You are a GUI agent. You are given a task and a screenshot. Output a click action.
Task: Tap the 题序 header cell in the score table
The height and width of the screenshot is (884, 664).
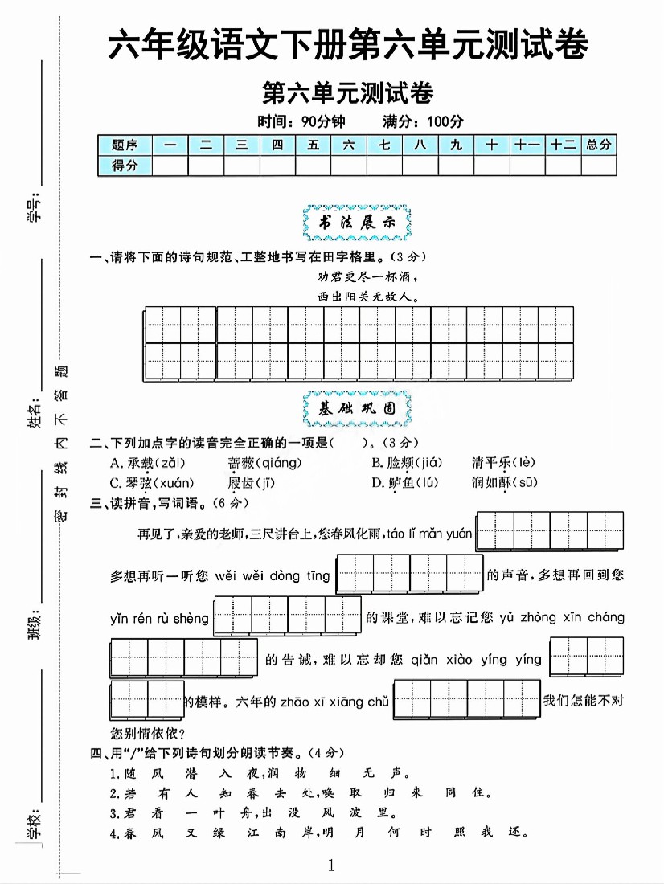(125, 145)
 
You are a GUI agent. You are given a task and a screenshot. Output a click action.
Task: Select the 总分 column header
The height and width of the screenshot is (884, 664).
(599, 145)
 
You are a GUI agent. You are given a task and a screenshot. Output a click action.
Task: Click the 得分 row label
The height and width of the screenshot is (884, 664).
(125, 166)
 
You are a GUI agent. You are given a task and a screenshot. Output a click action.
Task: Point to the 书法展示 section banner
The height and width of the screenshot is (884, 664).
(357, 224)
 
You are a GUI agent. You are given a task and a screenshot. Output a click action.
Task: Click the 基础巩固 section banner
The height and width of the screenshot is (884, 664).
(357, 408)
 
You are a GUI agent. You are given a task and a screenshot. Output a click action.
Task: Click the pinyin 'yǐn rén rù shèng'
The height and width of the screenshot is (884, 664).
(159, 618)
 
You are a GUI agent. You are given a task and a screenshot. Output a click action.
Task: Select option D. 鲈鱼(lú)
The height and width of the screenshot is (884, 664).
(406, 482)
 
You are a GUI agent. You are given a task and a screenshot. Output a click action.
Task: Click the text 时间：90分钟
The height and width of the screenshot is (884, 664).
(300, 122)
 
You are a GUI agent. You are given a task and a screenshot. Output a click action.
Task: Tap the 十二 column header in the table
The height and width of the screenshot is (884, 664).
(563, 145)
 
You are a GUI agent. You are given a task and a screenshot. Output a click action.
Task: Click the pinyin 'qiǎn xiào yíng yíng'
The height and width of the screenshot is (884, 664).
(477, 660)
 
